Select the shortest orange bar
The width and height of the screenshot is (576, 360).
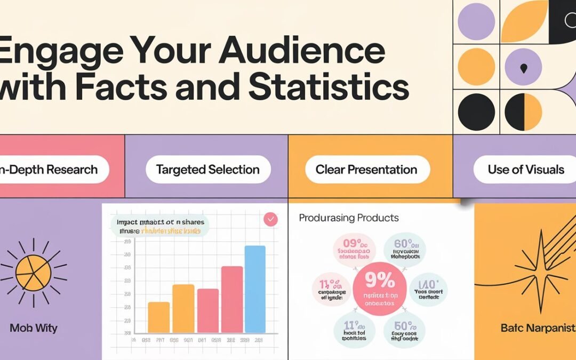(x=158, y=317)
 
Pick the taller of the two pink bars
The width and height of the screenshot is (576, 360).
(x=232, y=299)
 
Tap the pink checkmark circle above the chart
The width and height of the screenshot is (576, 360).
(x=271, y=219)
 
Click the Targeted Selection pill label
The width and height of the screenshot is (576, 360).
(x=207, y=170)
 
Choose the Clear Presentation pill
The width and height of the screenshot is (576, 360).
(x=366, y=170)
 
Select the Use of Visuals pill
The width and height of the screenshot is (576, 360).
(x=525, y=170)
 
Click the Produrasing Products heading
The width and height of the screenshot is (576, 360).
(x=348, y=218)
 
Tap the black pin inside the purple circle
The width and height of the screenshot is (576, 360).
(x=523, y=67)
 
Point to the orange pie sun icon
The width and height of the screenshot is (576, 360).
(x=34, y=273)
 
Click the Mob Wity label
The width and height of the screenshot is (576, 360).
(x=34, y=327)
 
